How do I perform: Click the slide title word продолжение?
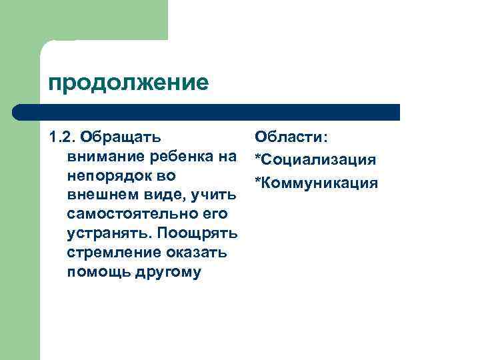(x=128, y=83)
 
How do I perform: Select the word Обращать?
(x=120, y=137)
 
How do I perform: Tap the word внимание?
(x=104, y=157)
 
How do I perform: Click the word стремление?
(x=111, y=253)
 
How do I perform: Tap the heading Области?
(x=291, y=137)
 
